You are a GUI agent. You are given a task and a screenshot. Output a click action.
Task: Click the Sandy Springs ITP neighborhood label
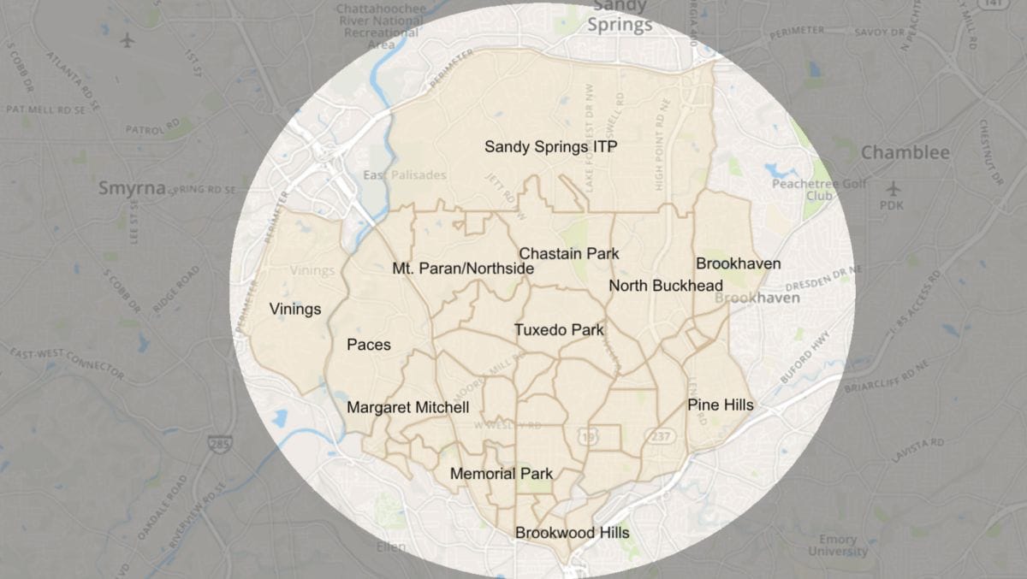550,147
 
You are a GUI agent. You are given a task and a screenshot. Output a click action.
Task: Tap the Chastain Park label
569,254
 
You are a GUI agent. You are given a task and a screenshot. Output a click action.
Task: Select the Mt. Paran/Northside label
463,269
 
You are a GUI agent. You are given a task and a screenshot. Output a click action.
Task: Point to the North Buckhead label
666,286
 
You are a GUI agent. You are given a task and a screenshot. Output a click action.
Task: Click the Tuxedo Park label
559,330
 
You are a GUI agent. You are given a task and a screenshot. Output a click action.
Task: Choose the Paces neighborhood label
369,345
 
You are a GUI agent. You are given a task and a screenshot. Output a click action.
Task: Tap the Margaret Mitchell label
407,408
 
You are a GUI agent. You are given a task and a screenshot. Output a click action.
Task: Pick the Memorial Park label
501,474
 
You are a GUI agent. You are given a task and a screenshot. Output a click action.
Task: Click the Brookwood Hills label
572,533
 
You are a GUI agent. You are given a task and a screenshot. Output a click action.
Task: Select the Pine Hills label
721,405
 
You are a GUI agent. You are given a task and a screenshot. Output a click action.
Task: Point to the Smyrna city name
131,188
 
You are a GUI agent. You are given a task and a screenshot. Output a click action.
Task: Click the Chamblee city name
905,153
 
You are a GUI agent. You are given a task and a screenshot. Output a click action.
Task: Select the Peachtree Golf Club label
807,189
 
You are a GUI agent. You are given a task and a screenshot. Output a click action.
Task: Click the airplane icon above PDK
893,187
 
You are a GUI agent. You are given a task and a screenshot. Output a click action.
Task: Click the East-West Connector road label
67,363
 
